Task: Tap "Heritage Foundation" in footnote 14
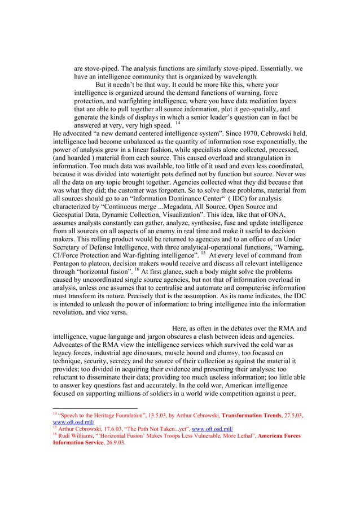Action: [113, 415]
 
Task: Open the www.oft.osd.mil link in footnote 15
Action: [218, 429]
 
